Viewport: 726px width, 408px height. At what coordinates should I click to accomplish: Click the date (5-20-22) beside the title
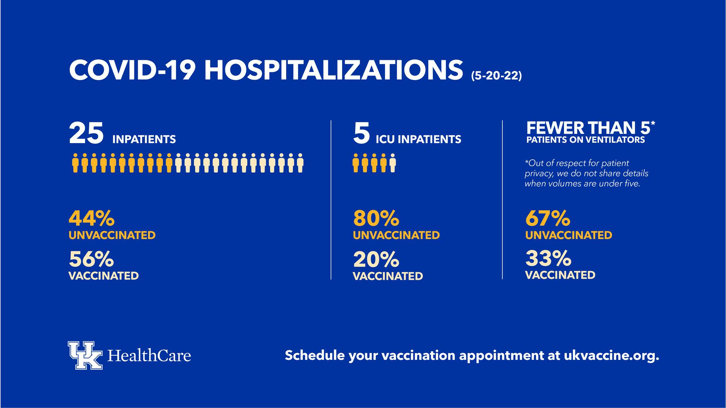click(x=496, y=76)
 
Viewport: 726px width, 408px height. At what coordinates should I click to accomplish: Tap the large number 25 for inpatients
click(x=86, y=133)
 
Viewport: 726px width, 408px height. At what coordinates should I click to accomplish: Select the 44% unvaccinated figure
click(x=91, y=218)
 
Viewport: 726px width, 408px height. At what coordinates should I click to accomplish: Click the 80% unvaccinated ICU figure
click(x=376, y=218)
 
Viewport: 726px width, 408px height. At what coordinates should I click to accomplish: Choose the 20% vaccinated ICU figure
click(x=376, y=259)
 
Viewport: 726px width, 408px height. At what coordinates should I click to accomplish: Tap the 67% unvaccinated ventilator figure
click(x=548, y=218)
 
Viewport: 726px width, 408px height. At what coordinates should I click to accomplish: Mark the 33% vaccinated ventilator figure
click(x=548, y=258)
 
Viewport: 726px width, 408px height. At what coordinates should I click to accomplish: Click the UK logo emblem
click(x=85, y=355)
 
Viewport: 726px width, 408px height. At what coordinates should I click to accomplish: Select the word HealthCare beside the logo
click(x=149, y=355)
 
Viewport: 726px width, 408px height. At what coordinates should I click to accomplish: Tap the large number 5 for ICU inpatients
click(x=361, y=133)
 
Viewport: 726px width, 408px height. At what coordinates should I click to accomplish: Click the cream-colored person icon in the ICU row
click(x=392, y=163)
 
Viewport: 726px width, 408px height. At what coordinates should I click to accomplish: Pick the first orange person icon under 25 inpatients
click(x=75, y=163)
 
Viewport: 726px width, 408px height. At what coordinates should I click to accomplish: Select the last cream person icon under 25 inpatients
click(x=300, y=163)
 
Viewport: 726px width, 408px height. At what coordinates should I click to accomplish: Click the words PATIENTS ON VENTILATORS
click(x=585, y=140)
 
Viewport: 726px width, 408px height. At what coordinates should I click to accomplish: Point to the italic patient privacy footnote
click(x=586, y=174)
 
